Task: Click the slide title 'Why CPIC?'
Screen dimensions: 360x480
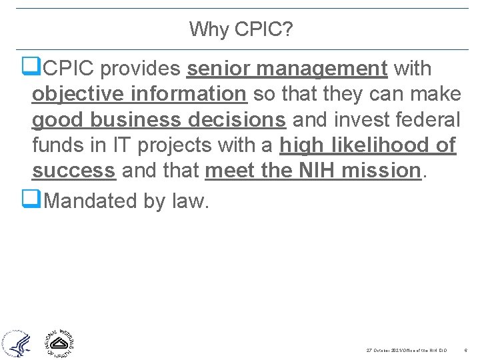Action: (x=241, y=29)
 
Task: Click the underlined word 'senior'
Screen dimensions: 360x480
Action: (x=215, y=68)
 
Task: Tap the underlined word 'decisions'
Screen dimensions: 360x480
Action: (x=238, y=119)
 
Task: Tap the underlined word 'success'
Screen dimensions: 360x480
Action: (x=74, y=170)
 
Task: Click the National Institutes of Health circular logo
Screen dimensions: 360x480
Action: (x=59, y=343)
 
